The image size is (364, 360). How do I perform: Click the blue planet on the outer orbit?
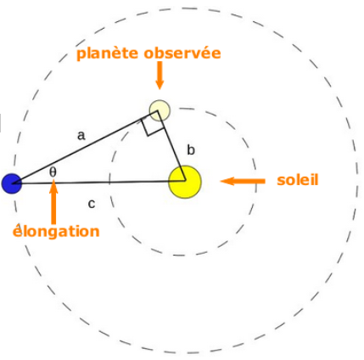coord(12,183)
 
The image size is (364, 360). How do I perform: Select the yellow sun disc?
coord(185,182)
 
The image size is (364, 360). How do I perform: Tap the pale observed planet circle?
coord(160,110)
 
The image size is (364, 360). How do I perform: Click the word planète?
coord(108,53)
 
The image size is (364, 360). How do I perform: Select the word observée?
coord(182,53)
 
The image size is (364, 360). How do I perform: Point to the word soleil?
coord(298,180)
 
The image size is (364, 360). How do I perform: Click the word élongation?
coord(56,231)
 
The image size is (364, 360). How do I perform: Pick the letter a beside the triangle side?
coord(81,136)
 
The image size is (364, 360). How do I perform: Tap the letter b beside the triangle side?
coord(191,149)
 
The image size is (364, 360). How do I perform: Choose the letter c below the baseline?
coord(92,204)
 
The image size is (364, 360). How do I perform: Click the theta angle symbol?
coord(53,172)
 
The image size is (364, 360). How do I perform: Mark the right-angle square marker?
coord(153,124)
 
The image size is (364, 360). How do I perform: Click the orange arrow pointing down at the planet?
coord(160,76)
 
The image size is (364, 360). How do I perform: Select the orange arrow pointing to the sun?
coord(243,181)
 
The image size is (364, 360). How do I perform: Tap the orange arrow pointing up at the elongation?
coord(53,203)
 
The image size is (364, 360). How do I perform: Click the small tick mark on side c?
coord(109,179)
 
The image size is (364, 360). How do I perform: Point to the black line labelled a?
coord(85,147)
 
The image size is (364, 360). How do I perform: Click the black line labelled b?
coord(171,145)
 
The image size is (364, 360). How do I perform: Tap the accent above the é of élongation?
coord(18,225)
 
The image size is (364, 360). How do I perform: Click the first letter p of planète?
coord(81,55)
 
